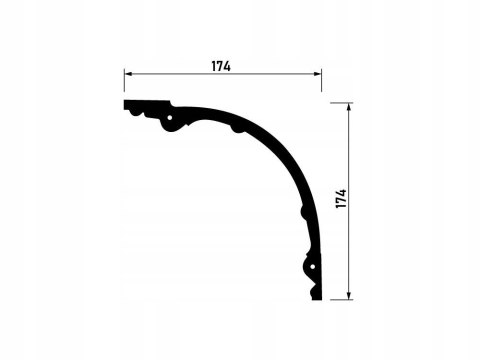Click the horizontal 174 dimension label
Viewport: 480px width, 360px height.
(x=221, y=65)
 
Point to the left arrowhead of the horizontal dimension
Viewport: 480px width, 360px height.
(x=129, y=75)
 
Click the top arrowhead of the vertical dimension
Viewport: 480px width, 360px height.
(x=348, y=108)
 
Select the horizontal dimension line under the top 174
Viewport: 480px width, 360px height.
(x=180, y=75)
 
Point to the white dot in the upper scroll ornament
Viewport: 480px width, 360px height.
(x=170, y=123)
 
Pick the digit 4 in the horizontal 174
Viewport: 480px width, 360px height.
(x=228, y=65)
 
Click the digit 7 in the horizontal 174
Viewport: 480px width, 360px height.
(x=221, y=65)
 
